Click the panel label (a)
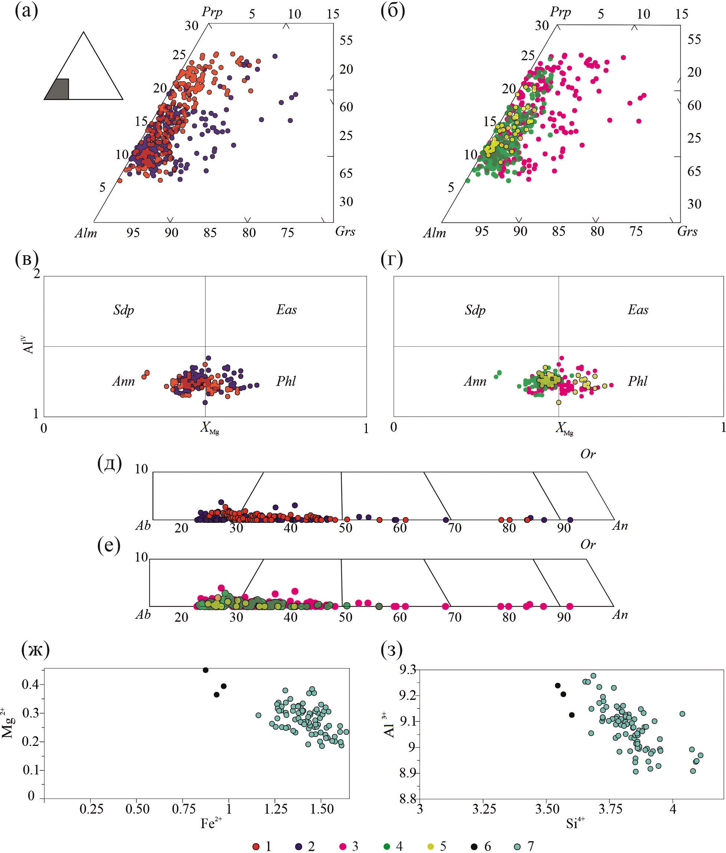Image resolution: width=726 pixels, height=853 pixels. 26,11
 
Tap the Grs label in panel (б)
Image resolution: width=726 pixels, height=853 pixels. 687,232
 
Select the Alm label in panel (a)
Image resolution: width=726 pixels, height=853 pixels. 86,233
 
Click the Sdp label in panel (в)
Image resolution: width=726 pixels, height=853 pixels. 124,310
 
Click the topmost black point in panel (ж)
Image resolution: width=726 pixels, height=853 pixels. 206,670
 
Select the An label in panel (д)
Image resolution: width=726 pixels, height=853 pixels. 620,525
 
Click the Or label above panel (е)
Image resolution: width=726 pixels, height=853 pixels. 588,544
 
